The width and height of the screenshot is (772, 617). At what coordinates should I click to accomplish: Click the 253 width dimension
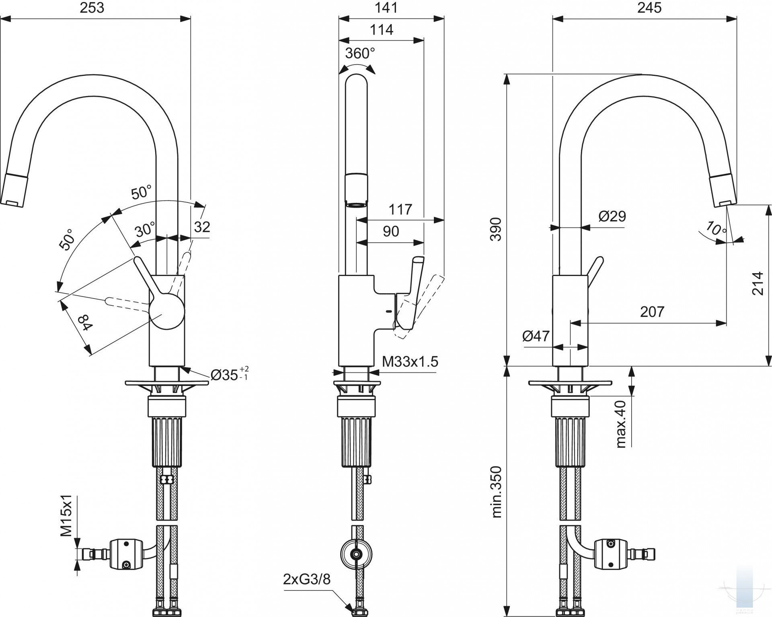pos(92,8)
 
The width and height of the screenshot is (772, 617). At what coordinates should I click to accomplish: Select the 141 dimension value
pos(386,8)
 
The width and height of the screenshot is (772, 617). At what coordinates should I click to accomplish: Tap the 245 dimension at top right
pos(649,8)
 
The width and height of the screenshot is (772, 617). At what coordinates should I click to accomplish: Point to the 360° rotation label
pos(360,53)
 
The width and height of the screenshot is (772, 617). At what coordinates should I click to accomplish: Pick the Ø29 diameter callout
pos(612,216)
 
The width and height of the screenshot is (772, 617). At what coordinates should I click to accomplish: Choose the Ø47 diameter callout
pos(536,335)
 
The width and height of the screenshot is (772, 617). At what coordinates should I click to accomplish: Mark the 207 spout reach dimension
pos(652,311)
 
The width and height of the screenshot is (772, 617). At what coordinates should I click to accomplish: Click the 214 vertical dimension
pos(758,284)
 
